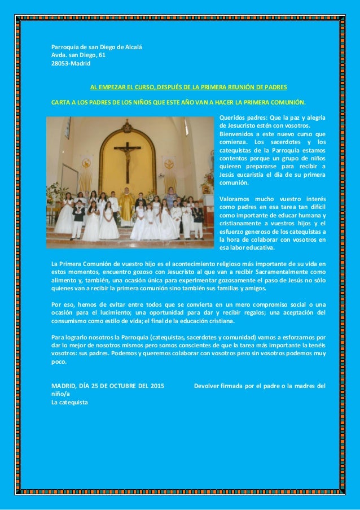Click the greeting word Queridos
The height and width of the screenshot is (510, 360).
point(232,117)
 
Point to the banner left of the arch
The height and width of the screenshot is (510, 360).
point(86,172)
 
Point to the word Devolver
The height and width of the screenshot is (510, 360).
point(207,386)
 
